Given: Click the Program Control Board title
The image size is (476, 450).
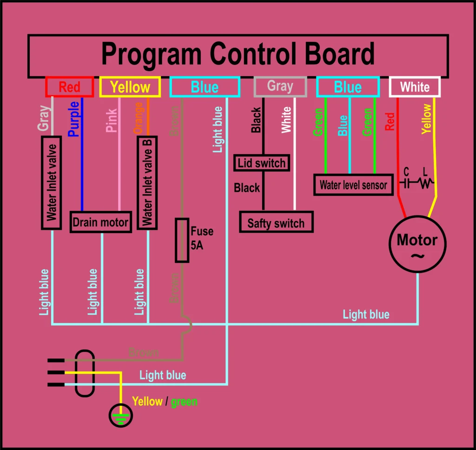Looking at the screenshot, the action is tap(238, 53).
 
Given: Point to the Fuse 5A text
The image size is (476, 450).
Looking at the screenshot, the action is tap(202, 238).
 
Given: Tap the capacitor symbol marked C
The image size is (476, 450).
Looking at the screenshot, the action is tap(406, 183).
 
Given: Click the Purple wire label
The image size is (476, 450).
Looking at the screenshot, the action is tap(73, 119).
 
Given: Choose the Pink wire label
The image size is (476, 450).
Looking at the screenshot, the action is tap(112, 120).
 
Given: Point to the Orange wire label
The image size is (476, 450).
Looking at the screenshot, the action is tap(138, 118).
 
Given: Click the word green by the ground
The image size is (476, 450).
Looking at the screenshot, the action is tap(184, 402).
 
